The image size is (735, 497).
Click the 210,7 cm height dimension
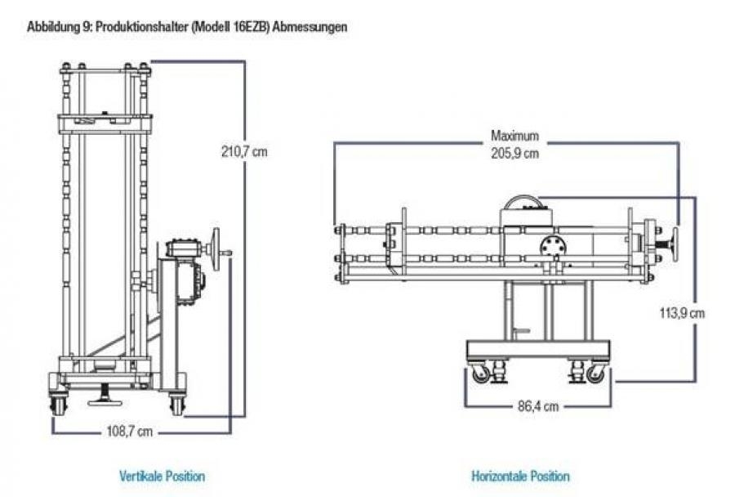(243, 151)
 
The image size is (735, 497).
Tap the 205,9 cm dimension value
(515, 153)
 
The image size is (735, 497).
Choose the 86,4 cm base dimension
(537, 405)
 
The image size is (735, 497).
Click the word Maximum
(514, 136)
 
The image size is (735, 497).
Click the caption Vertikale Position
(162, 476)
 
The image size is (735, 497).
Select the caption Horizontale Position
(520, 476)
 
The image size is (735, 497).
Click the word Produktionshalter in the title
(137, 27)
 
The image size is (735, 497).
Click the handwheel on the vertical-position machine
(216, 245)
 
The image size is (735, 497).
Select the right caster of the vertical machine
(176, 404)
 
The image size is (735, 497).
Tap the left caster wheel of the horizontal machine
(480, 374)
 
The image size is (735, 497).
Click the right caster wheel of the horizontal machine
(596, 374)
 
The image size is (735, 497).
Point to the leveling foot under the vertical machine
(105, 401)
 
